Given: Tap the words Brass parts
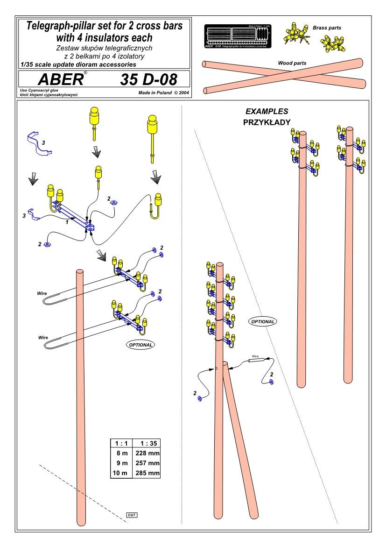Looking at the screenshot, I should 327,28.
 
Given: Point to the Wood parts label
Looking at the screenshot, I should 292,63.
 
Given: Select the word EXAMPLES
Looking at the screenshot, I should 267,112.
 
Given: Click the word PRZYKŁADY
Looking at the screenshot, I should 267,122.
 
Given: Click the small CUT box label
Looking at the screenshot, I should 132,515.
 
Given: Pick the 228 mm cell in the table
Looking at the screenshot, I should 147,453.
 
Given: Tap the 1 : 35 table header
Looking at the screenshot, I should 147,443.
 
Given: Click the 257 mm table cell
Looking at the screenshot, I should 147,463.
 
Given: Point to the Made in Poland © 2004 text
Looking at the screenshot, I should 163,93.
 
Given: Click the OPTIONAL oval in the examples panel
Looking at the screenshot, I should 263,321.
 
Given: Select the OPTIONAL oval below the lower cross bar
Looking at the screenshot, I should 140,344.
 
